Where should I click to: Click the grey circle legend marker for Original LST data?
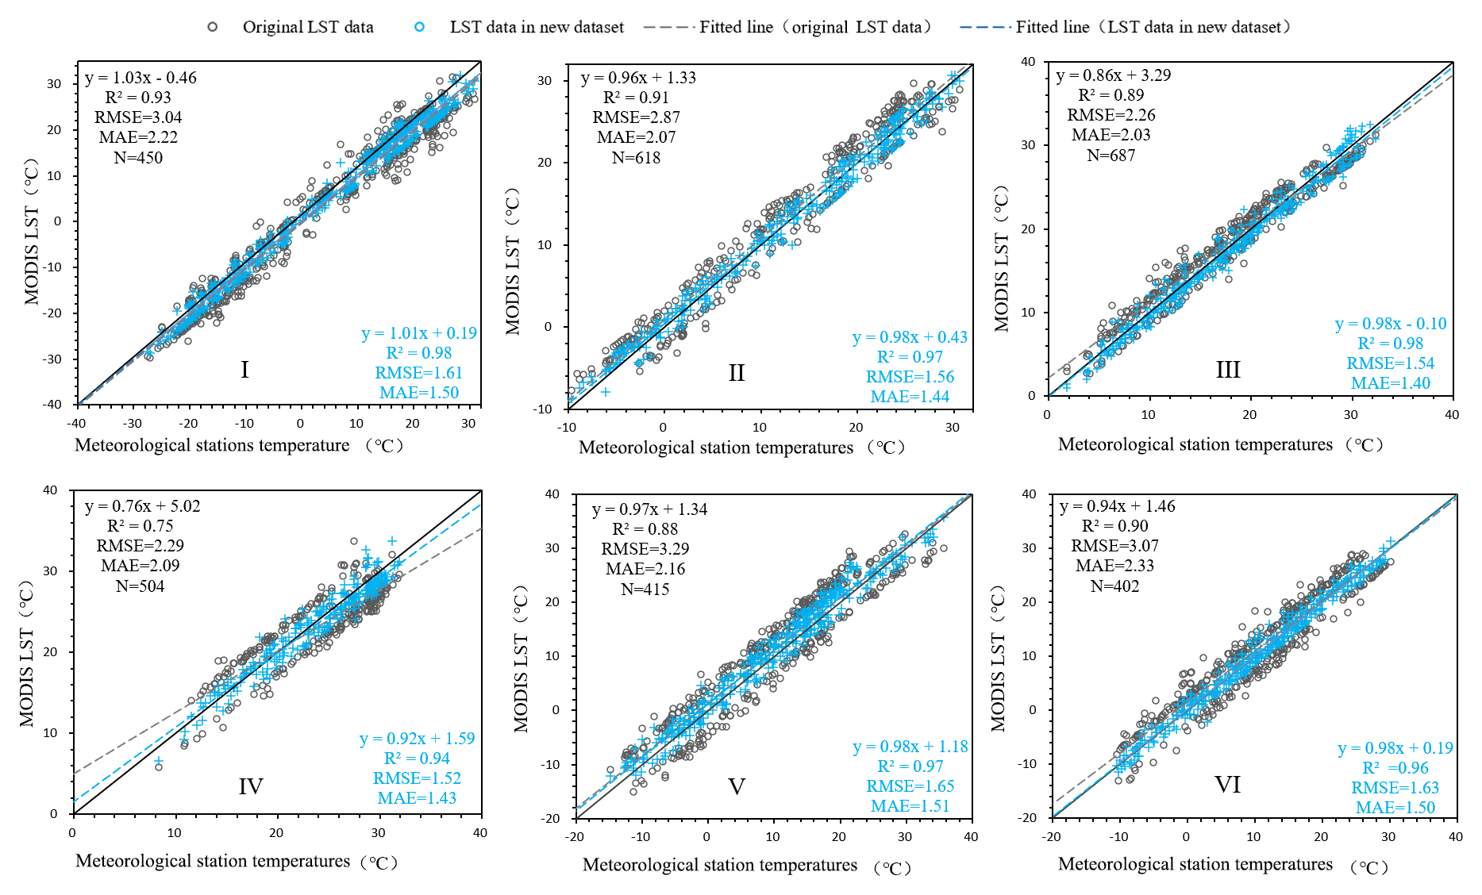[x=213, y=27]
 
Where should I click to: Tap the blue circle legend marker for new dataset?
[x=419, y=27]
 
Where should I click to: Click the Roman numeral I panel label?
[x=244, y=370]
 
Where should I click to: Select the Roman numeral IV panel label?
[x=251, y=786]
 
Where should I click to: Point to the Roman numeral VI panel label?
[x=1227, y=785]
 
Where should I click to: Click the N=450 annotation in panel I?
[x=138, y=157]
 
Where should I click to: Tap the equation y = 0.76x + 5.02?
[x=143, y=506]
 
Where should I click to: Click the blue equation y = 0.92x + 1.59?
[x=418, y=739]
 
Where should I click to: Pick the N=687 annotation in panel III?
[x=1111, y=156]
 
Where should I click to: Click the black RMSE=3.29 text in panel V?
[x=645, y=549]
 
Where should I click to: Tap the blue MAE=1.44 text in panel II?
[x=910, y=397]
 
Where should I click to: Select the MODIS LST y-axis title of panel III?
[x=1002, y=259]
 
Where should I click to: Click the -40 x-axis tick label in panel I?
[x=76, y=424]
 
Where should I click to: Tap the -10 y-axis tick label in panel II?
[x=543, y=409]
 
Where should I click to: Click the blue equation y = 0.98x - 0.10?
[x=1391, y=324]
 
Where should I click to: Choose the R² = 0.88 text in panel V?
[x=645, y=529]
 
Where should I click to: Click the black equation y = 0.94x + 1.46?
[x=1118, y=506]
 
